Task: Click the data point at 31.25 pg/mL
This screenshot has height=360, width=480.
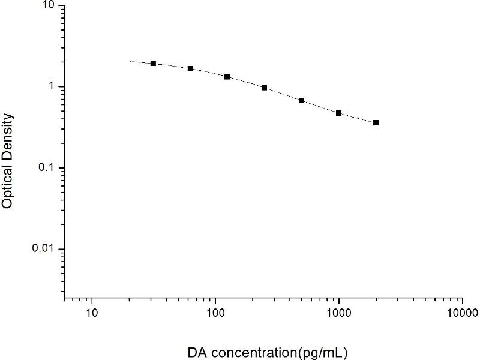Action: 153,63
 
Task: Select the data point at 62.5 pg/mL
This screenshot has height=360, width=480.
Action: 190,68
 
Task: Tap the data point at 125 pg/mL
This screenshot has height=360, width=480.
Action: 227,77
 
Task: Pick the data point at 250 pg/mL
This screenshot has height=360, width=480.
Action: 264,88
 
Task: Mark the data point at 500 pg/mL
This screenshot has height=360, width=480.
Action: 301,100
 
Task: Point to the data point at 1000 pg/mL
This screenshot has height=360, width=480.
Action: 338,113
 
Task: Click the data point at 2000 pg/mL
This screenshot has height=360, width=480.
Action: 376,122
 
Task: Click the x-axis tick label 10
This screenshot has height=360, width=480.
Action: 92,313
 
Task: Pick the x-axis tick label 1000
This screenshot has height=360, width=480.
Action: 339,313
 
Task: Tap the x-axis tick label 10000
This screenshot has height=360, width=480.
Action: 462,313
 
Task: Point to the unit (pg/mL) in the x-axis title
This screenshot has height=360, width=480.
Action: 322,349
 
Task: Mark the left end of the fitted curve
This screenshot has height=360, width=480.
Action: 130,61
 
